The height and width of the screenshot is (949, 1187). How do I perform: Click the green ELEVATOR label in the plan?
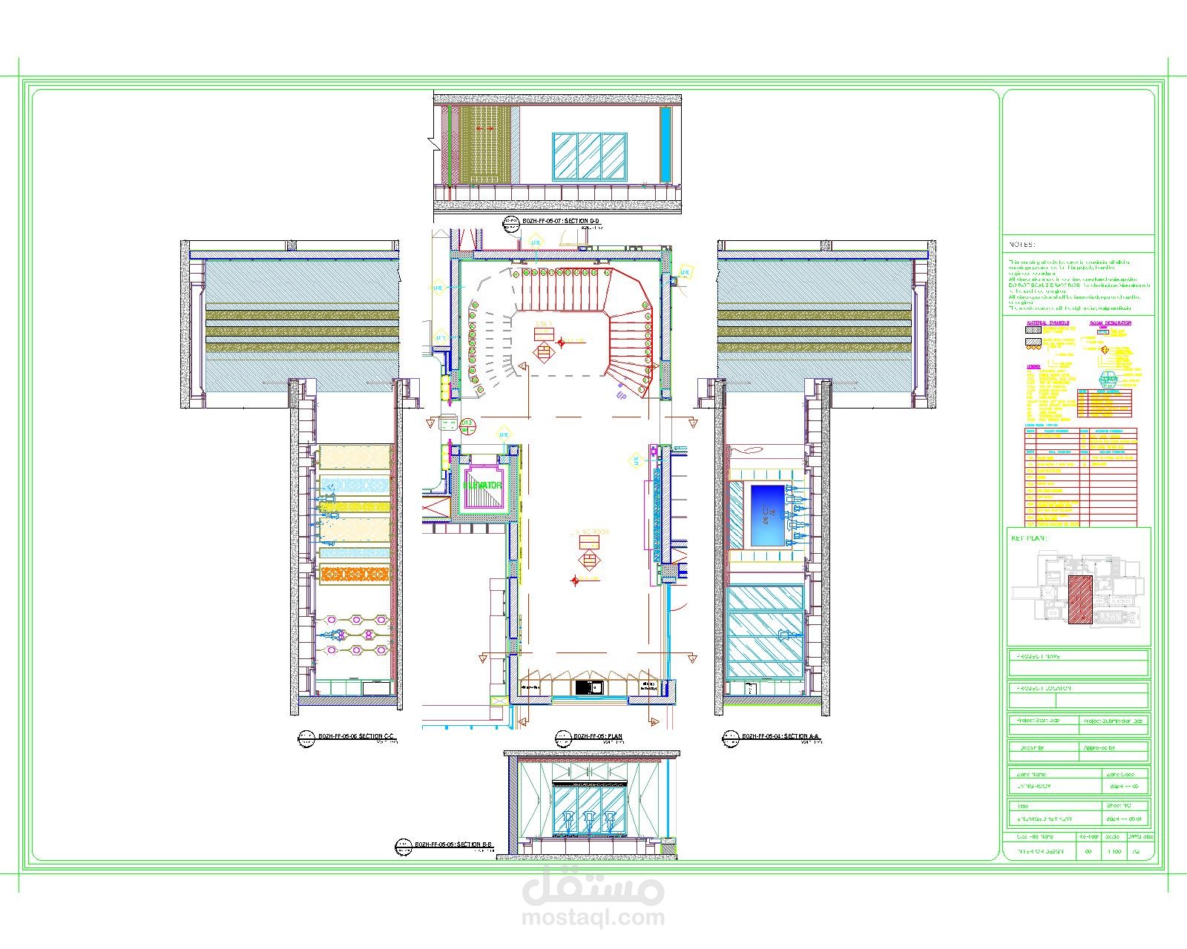pyautogui.click(x=484, y=486)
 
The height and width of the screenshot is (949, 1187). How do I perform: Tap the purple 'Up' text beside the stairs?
pyautogui.click(x=621, y=395)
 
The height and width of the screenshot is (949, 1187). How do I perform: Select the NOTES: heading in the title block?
pyautogui.click(x=1022, y=244)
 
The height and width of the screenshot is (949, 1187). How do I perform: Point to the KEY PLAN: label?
pyautogui.click(x=1029, y=538)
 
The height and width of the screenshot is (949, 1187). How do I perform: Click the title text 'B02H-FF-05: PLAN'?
pyautogui.click(x=598, y=736)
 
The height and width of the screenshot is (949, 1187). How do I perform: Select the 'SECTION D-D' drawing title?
pyautogui.click(x=561, y=221)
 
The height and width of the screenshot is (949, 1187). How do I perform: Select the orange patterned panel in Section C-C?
pyautogui.click(x=355, y=575)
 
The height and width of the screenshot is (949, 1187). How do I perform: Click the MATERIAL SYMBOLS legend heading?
pyautogui.click(x=1048, y=323)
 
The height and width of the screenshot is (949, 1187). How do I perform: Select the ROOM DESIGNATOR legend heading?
pyautogui.click(x=1110, y=323)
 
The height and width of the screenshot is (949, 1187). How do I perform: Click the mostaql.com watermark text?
pyautogui.click(x=593, y=917)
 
